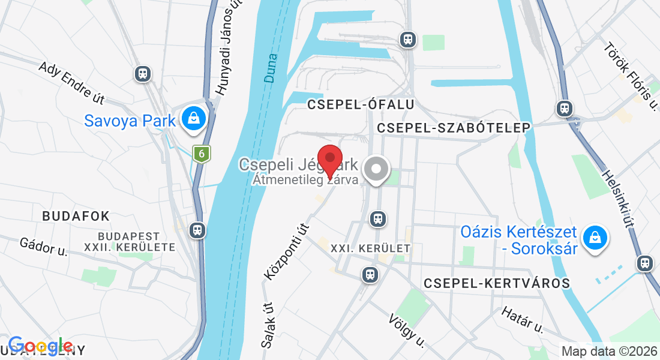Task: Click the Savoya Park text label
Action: tap(130, 121)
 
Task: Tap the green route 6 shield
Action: tap(202, 154)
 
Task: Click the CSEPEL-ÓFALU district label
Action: tap(361, 104)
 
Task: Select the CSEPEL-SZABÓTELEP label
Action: tap(454, 128)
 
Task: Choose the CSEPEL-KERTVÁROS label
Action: tap(496, 283)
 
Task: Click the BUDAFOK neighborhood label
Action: tap(76, 216)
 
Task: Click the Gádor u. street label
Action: tap(43, 247)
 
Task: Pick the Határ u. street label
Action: tap(521, 319)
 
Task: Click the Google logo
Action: tap(40, 346)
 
